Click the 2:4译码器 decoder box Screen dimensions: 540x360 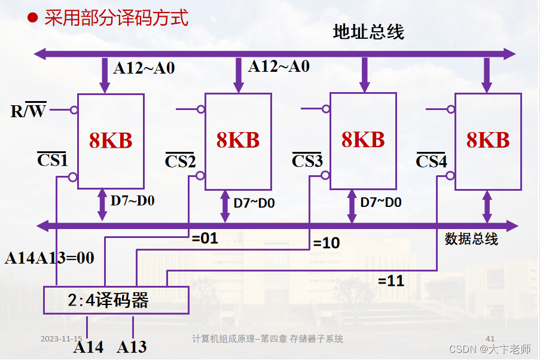(x=116, y=300)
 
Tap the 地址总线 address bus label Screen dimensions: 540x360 (x=368, y=32)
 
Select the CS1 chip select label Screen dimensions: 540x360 (x=53, y=160)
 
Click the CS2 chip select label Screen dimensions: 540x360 (x=180, y=161)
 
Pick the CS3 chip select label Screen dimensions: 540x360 (x=307, y=161)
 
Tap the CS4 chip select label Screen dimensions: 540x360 (x=431, y=161)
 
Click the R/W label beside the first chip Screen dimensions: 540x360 (x=28, y=111)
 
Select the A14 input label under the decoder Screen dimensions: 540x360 (x=88, y=347)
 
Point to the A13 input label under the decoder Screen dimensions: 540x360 (x=132, y=347)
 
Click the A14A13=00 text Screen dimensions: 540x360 (x=50, y=258)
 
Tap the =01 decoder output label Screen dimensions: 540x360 (x=205, y=239)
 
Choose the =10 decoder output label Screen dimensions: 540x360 (x=327, y=243)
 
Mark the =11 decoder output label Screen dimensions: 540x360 (x=391, y=280)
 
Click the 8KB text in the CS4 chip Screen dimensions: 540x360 (x=488, y=140)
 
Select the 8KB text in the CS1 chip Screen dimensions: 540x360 (x=111, y=140)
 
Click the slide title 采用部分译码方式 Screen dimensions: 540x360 (x=117, y=18)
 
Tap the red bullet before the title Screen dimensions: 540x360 (x=33, y=18)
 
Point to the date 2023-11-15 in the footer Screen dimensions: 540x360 (x=61, y=338)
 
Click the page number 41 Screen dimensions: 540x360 (x=490, y=338)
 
